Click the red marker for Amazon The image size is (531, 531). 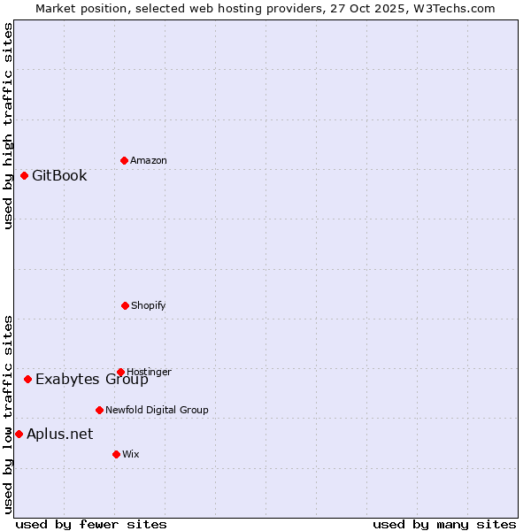(124, 160)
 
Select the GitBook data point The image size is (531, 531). (24, 175)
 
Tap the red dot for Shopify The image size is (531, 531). (125, 305)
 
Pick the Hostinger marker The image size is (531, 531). (120, 372)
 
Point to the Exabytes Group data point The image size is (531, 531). (27, 379)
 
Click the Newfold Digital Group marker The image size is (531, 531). (99, 410)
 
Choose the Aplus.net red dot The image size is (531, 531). (19, 434)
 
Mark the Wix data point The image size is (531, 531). (116, 454)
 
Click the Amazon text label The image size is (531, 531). (149, 160)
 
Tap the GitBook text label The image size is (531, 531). (59, 175)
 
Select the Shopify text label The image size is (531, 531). (149, 305)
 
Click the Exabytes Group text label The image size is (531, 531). (92, 380)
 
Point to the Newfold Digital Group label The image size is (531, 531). (157, 410)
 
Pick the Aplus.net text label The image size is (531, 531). (59, 434)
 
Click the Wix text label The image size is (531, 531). (131, 454)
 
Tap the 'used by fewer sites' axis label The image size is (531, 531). (91, 524)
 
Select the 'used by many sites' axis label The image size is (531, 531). (444, 524)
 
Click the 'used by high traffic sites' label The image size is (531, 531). (8, 126)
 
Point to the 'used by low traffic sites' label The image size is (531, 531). (8, 414)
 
